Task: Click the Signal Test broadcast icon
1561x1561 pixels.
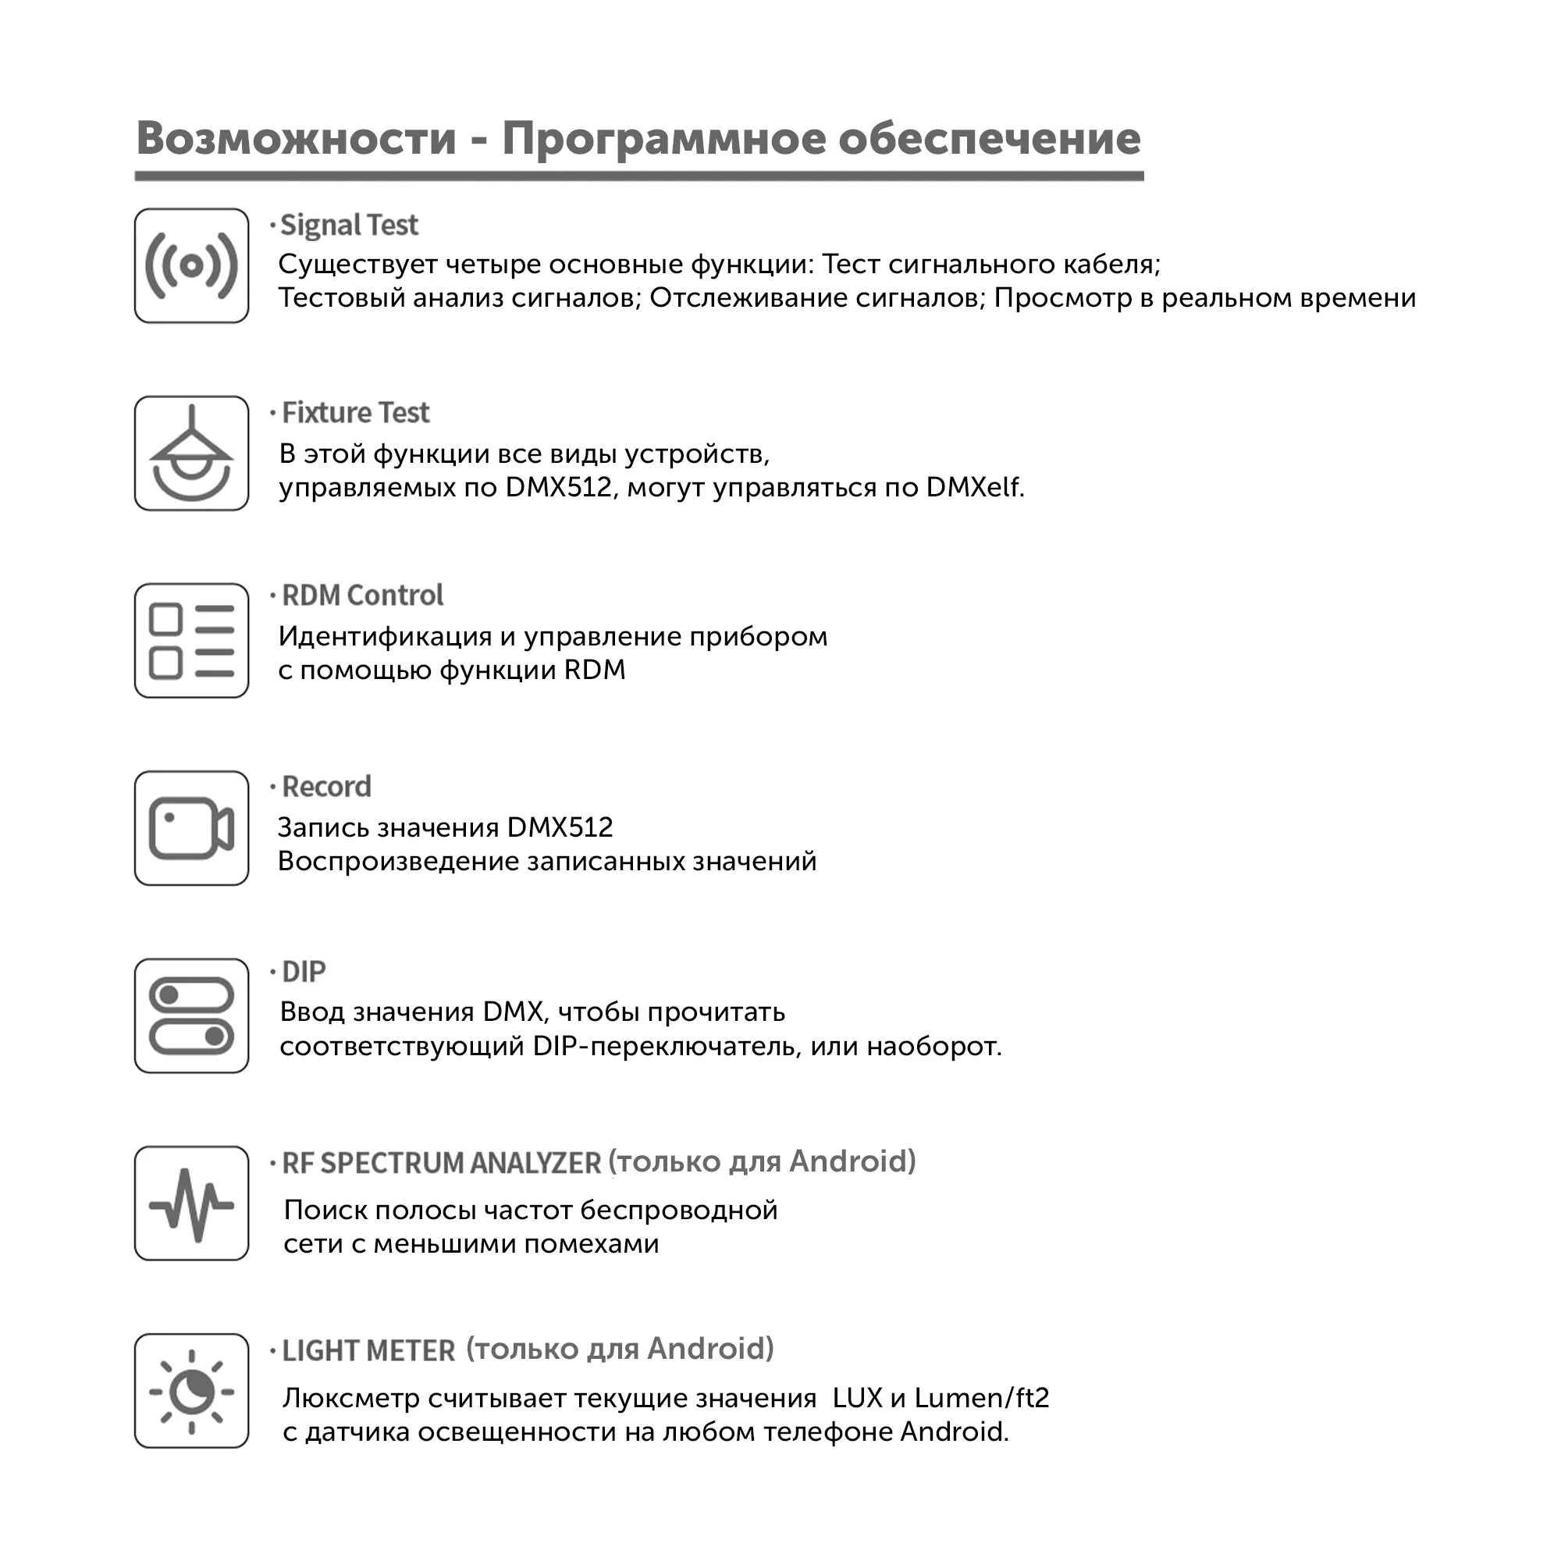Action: tap(191, 266)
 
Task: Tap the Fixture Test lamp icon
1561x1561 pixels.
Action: tap(191, 453)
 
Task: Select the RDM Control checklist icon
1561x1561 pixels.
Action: tap(191, 641)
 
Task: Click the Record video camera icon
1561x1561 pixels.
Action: tap(191, 828)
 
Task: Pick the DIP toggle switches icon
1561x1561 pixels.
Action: tap(191, 1015)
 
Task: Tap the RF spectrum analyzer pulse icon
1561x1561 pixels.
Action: tap(191, 1203)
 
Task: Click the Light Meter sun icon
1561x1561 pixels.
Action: tap(191, 1391)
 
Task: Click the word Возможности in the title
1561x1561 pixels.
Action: tap(297, 138)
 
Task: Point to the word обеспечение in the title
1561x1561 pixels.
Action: tap(989, 138)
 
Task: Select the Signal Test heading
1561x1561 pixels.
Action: tap(349, 226)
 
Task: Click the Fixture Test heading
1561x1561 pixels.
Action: tap(355, 413)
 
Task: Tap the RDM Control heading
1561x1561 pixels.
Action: tap(362, 596)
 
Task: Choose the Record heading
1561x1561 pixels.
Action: tap(326, 786)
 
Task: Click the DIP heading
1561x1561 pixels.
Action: tap(304, 971)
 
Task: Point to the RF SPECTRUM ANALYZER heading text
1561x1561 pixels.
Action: tap(441, 1163)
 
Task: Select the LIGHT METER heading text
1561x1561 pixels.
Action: tap(368, 1350)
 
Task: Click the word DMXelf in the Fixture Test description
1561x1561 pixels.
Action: tap(974, 487)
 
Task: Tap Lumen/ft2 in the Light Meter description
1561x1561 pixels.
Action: tap(982, 1398)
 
